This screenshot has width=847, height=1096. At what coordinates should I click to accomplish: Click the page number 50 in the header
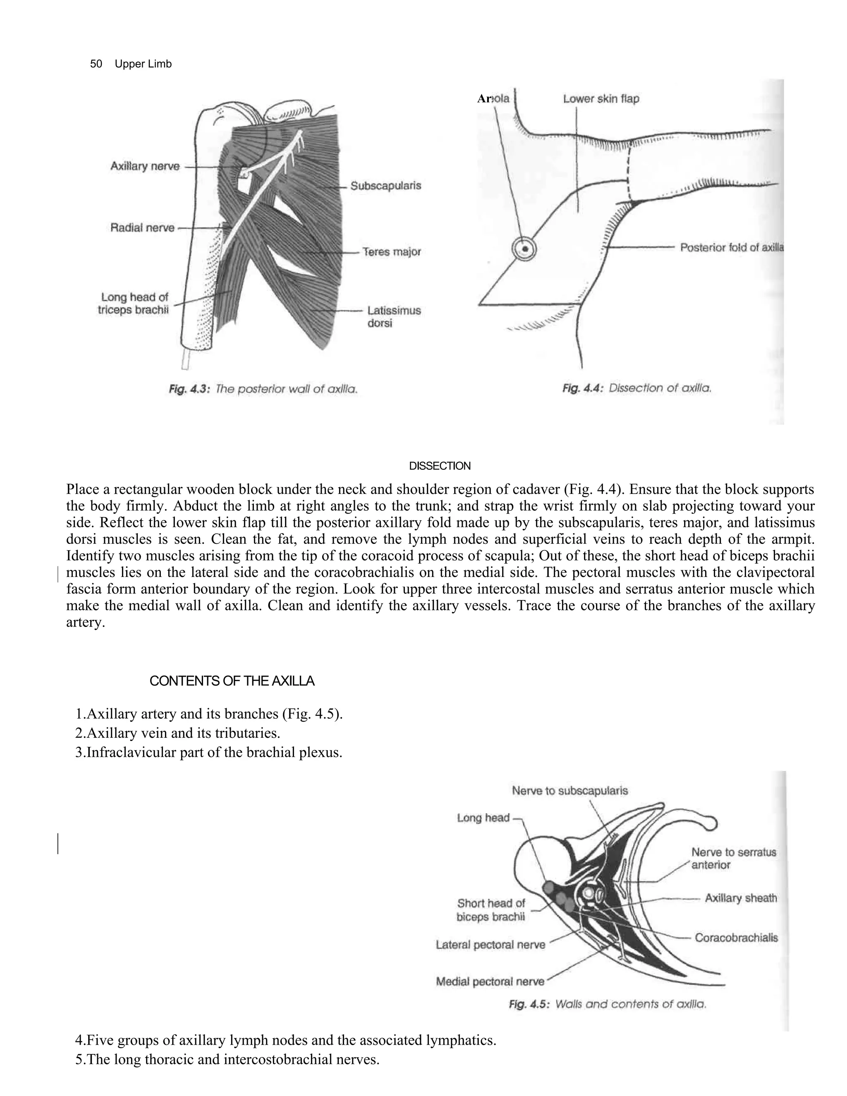96,64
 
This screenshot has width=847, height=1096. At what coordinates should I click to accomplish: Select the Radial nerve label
143,228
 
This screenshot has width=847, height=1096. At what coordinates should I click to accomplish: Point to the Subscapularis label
385,186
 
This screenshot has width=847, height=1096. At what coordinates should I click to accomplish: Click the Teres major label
392,251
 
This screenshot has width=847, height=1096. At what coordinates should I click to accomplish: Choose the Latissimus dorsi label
393,317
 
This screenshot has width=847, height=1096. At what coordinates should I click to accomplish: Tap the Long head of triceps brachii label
134,304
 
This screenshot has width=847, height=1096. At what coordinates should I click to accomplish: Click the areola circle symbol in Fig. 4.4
524,249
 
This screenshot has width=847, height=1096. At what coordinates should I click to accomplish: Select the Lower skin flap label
601,99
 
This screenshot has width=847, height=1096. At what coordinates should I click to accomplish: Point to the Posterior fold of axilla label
731,247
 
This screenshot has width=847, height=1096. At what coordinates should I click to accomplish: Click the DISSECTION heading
440,466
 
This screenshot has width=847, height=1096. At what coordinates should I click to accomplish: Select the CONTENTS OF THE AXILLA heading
232,681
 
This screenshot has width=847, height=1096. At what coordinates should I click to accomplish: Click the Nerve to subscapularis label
569,791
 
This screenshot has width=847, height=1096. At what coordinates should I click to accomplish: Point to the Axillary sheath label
741,898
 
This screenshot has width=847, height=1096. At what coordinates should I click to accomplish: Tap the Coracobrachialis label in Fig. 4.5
736,938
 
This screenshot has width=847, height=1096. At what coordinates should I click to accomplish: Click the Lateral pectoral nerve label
490,945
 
